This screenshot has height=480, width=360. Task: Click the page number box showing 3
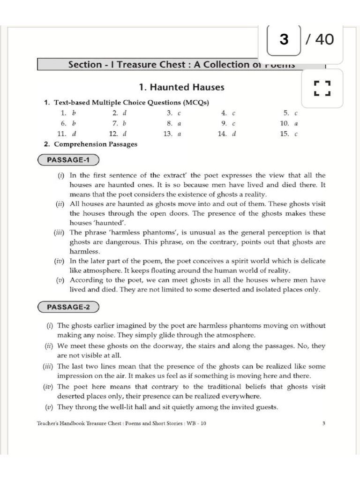(x=284, y=39)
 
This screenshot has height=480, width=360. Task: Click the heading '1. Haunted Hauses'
(x=181, y=87)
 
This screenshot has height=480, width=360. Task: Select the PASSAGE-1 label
(x=68, y=160)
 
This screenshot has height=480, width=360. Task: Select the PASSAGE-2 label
(x=68, y=307)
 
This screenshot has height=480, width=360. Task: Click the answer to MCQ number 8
(x=179, y=123)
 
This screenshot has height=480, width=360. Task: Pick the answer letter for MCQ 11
(x=74, y=134)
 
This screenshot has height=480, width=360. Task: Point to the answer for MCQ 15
(x=296, y=134)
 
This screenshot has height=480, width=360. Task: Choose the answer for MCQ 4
(x=233, y=113)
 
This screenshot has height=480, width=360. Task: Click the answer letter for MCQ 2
(x=125, y=113)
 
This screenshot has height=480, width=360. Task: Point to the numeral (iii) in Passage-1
(x=60, y=232)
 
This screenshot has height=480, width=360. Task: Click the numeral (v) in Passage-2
(x=49, y=407)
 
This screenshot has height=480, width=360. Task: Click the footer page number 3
(x=323, y=423)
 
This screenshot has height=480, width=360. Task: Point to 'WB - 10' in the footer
(x=196, y=423)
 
